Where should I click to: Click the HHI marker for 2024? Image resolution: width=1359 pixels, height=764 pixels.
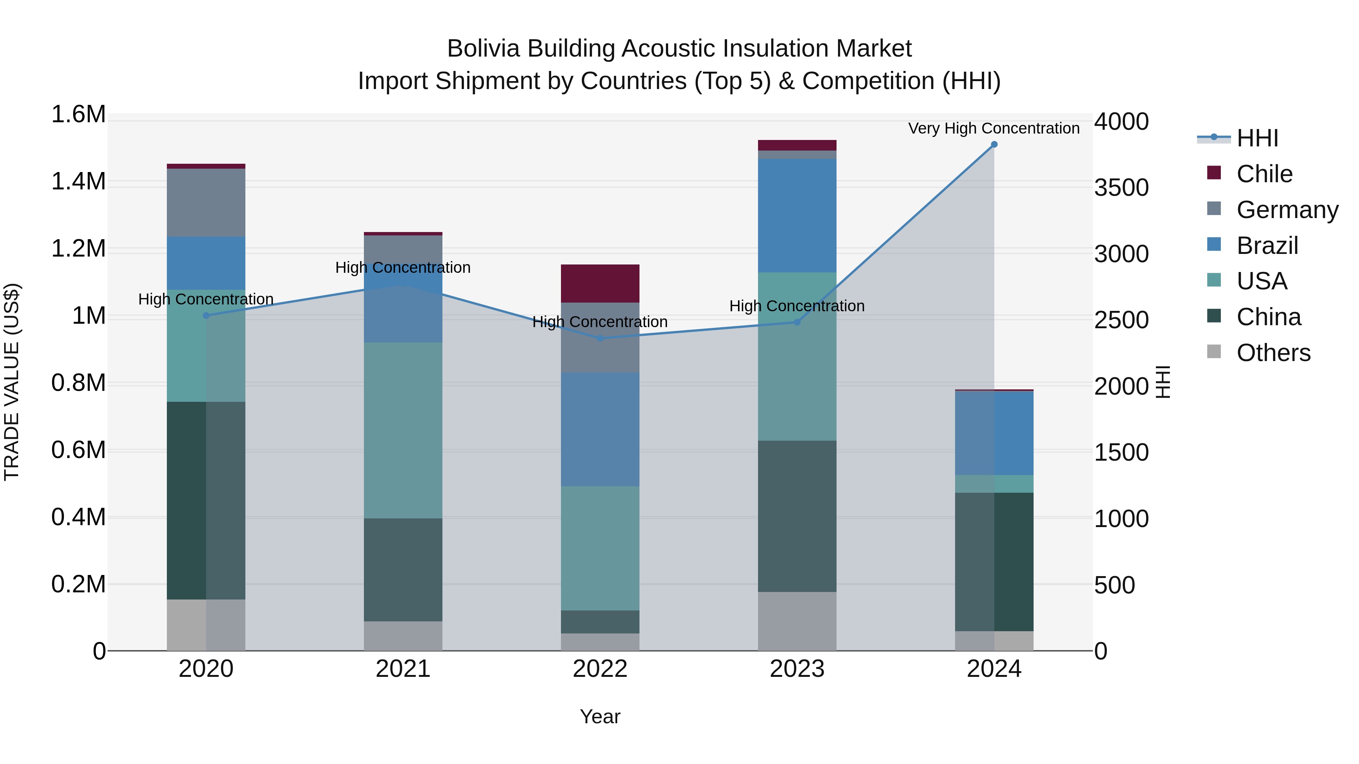tap(994, 144)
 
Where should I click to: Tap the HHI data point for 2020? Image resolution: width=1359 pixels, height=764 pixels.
tap(206, 315)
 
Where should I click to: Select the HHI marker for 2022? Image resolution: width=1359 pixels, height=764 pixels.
tap(600, 338)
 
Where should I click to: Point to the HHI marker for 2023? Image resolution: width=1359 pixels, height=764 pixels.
tap(797, 322)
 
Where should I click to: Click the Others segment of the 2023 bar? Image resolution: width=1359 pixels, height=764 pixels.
tap(797, 621)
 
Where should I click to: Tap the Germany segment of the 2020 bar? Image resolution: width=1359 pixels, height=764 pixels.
tap(206, 203)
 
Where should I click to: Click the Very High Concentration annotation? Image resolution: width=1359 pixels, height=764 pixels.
tap(994, 128)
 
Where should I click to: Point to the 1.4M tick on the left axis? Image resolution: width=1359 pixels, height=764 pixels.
tap(79, 181)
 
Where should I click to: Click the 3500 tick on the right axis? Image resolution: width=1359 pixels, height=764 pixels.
tap(1121, 188)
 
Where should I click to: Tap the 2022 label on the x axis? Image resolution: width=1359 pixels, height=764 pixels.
tap(600, 669)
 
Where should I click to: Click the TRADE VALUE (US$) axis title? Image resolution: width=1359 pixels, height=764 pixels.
tap(12, 382)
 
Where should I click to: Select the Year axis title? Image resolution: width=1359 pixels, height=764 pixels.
tap(600, 716)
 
